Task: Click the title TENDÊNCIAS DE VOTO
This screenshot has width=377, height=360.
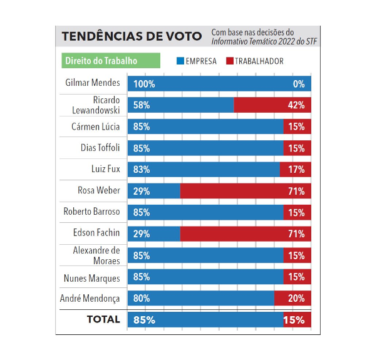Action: coord(132,36)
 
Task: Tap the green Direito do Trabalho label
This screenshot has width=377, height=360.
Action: coord(100,61)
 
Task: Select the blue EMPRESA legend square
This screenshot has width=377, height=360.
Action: coord(180,61)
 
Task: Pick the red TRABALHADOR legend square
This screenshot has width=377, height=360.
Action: coord(229,61)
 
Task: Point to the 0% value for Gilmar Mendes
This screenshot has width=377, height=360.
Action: coord(299,84)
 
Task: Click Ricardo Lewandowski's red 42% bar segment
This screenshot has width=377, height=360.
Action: coord(272,105)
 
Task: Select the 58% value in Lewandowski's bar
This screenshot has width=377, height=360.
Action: coord(142,105)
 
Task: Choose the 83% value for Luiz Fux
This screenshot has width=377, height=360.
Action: coord(142,170)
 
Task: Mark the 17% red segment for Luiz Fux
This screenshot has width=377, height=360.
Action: coord(295,170)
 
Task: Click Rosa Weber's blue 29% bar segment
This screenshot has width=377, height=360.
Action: coord(153,191)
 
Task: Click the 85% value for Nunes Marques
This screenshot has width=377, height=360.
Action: coord(142,277)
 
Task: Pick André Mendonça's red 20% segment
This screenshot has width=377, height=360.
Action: coord(292,298)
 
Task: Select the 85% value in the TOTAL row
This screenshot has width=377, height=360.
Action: coord(144,320)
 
